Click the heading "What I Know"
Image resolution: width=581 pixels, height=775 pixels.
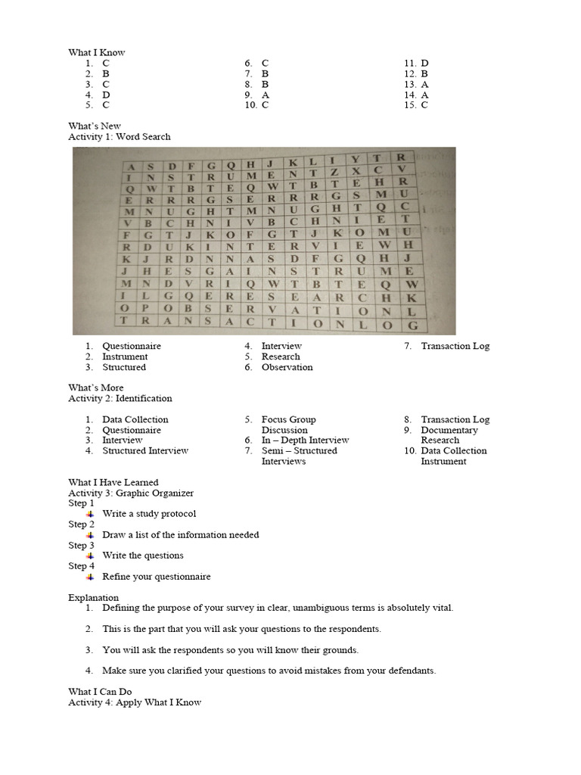tap(97, 52)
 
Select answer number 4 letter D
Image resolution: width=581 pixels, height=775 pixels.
tap(106, 95)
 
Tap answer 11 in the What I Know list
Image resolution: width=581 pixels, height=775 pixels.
tap(424, 63)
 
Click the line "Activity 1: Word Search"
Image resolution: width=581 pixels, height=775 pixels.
tap(120, 137)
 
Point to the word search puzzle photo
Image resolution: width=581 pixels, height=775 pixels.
tap(264, 241)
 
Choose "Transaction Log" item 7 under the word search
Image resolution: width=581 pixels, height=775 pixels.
tap(455, 346)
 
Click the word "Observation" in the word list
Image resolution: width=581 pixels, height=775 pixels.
tap(287, 367)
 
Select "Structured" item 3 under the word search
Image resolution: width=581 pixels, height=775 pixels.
tap(124, 367)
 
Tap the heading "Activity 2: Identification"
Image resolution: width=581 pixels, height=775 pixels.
tap(120, 398)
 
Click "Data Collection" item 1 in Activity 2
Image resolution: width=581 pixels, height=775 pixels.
tap(135, 419)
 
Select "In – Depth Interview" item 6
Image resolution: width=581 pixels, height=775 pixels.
tap(305, 440)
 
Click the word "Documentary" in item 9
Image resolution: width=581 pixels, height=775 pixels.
tap(449, 430)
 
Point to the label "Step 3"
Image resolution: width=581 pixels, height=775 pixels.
tap(82, 545)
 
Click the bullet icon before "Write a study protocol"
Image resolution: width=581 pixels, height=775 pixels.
tap(89, 514)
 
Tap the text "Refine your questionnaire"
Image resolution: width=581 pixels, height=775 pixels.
tap(156, 577)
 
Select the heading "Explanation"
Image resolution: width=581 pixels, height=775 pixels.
tap(94, 597)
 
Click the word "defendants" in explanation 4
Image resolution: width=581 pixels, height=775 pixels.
tap(411, 671)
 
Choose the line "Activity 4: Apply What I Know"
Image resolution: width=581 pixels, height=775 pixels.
tap(135, 702)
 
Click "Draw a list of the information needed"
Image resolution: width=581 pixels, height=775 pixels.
tap(180, 534)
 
